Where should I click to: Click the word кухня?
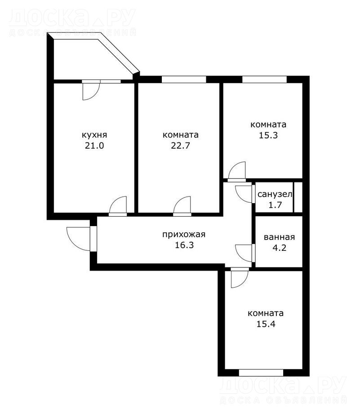tap(94, 135)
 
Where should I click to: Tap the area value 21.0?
tap(94, 146)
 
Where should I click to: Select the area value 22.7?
tap(181, 146)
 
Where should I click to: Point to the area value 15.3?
tap(268, 135)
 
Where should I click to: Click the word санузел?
tap(275, 194)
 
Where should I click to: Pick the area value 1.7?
tap(275, 205)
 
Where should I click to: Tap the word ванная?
tap(280, 237)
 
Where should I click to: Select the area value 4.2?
tap(280, 248)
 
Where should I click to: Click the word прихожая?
tap(184, 235)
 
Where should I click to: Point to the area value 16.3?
tap(184, 245)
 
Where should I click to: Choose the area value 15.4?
tap(266, 324)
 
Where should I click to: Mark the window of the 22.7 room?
tap(184, 79)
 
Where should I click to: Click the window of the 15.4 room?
tap(261, 373)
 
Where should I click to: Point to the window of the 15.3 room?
tap(265, 79)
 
